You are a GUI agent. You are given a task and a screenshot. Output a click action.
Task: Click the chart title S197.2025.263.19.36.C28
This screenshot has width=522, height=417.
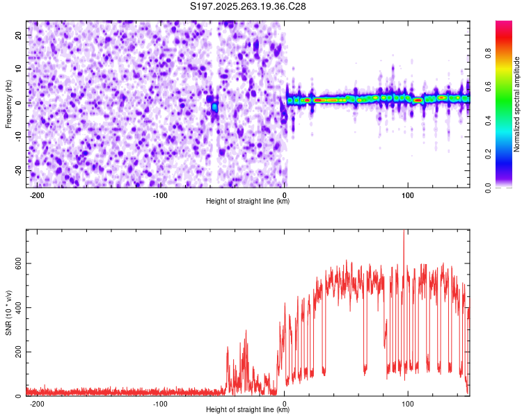pos(248,6)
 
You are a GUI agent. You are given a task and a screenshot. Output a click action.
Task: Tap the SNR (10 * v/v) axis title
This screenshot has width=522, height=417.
pos(8,313)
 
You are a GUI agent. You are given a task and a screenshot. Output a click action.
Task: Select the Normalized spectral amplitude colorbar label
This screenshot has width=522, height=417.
pos(517,104)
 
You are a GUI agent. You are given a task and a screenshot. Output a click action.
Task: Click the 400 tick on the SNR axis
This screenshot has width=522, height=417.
pos(16,307)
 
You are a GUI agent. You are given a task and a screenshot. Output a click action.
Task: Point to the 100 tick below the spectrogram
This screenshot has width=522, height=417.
pos(408,195)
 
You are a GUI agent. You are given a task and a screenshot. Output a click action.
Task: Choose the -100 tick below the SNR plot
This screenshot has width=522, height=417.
pos(161,403)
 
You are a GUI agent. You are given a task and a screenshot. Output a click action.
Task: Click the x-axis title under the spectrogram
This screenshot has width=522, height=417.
pos(248,202)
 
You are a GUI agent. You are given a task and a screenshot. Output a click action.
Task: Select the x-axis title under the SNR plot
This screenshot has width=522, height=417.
pos(248,410)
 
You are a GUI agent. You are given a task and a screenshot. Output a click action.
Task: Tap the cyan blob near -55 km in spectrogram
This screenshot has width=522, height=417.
pos(215,107)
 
